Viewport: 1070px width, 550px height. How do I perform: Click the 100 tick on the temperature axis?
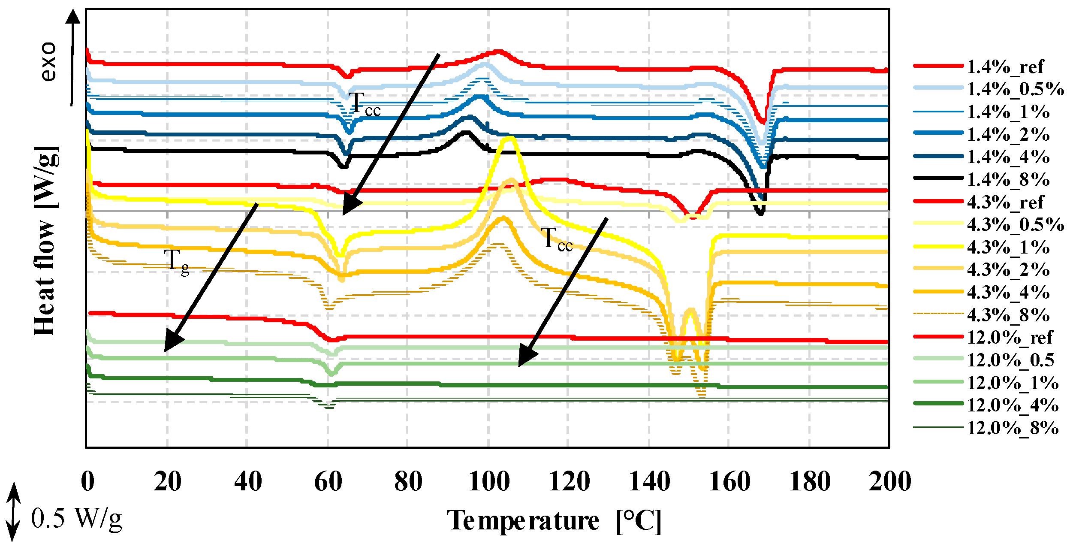(488, 481)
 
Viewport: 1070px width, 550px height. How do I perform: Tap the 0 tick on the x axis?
(87, 481)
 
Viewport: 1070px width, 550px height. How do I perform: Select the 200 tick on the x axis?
(889, 481)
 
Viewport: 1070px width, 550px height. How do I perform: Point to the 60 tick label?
(328, 481)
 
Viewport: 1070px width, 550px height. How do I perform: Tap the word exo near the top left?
(48, 61)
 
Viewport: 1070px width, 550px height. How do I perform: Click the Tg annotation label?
(176, 261)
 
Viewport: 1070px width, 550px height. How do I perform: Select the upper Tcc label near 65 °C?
(364, 104)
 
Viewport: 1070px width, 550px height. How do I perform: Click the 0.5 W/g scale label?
(76, 518)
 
